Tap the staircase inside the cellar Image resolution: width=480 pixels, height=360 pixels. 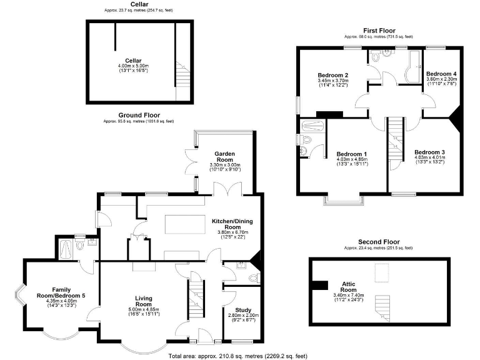[182, 74]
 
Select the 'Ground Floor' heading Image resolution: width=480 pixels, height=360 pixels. [139, 115]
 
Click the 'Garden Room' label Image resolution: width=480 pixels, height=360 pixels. [224, 154]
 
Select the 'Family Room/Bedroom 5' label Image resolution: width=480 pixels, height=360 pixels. [61, 292]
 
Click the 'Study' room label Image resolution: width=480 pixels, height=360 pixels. [242, 310]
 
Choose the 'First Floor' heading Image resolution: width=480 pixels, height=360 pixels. [381, 31]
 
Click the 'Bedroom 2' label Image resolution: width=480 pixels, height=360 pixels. [332, 76]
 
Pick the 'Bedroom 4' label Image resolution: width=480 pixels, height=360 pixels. [441, 74]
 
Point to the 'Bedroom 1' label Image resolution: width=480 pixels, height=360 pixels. [351, 154]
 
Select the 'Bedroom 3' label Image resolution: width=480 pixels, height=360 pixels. [429, 152]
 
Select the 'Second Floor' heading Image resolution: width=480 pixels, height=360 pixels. [379, 241]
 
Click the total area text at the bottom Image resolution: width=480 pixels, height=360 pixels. [237, 356]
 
